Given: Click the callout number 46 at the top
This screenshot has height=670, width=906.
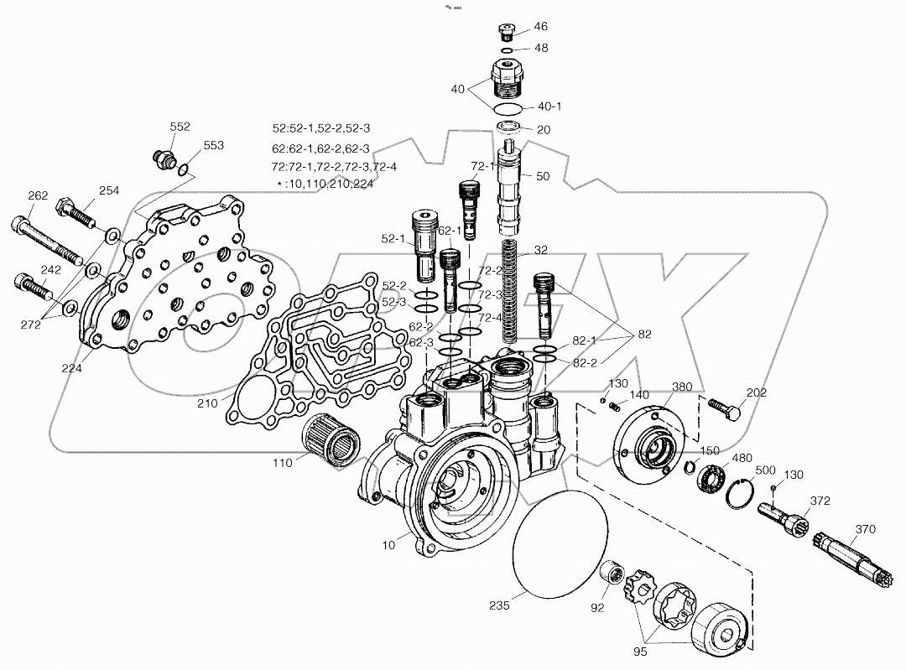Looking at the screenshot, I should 540,27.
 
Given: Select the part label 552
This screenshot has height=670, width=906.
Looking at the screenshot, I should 180,127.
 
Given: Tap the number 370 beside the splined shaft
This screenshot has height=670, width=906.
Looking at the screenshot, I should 865,529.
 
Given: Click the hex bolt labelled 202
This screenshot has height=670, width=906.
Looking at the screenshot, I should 724,409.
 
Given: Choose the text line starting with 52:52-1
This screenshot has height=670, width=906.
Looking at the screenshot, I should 321,128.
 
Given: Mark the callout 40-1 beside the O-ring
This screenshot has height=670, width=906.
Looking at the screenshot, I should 549,106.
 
